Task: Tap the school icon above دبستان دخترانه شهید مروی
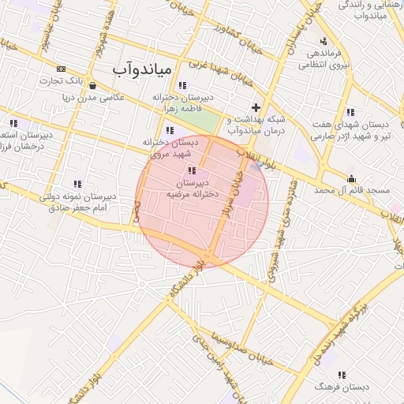(x=169, y=131)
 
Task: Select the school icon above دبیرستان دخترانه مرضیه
(x=191, y=170)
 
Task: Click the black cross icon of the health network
(x=255, y=107)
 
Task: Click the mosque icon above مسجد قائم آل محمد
(x=350, y=179)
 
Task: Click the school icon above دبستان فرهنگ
(x=341, y=375)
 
